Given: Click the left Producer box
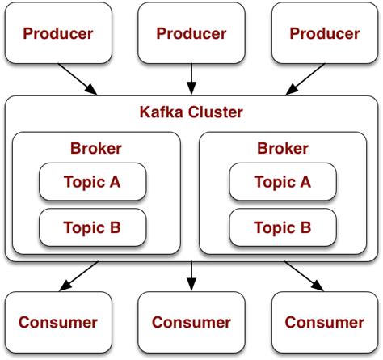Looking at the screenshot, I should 58,33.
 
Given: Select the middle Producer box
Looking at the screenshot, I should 191,33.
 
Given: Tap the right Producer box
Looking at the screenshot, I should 325,33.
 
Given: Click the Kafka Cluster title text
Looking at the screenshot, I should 191,112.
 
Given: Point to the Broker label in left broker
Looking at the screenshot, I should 96,148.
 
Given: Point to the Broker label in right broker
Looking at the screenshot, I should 283,148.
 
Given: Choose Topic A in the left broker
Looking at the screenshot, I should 92,182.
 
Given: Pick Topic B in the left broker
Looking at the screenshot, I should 92,227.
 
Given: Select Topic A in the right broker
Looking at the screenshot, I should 282,182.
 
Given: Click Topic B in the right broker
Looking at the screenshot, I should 282,227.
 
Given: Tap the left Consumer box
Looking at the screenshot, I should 58,322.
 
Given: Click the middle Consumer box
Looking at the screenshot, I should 191,322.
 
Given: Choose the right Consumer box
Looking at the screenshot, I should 325,322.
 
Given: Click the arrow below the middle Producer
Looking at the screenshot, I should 191,78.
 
